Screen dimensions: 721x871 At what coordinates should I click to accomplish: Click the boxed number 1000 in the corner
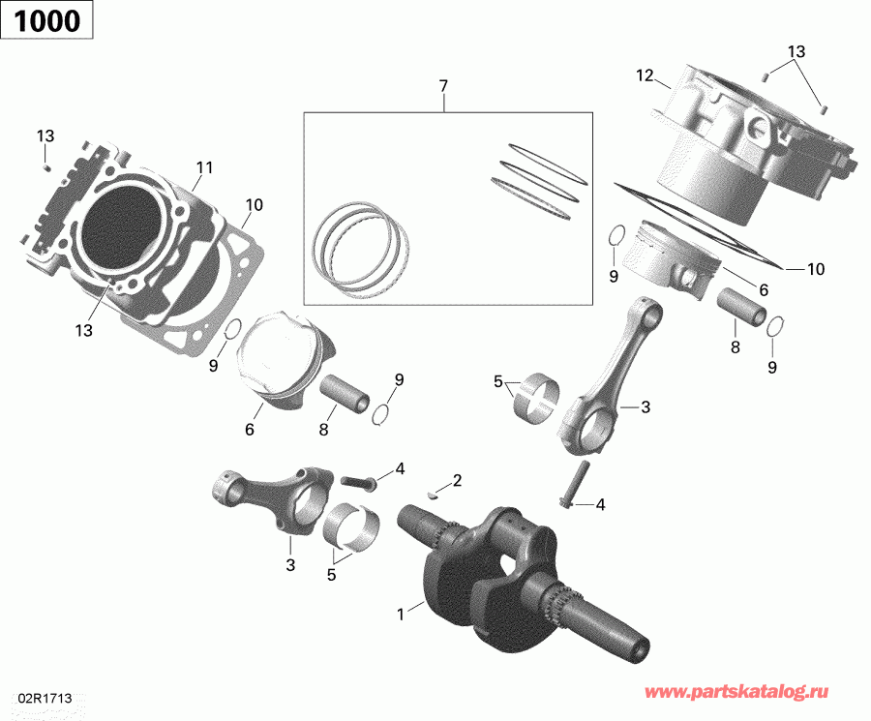[46, 21]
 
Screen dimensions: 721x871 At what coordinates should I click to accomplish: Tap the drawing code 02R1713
[44, 698]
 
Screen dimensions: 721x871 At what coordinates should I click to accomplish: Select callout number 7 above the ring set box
[443, 87]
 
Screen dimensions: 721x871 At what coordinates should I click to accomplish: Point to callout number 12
[646, 75]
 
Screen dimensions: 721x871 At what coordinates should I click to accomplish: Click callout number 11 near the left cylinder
[203, 167]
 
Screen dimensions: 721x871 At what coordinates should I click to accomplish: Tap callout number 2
[456, 480]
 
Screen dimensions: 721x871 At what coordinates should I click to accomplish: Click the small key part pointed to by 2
[435, 491]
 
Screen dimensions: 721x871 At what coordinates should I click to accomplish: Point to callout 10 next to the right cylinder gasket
[815, 269]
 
